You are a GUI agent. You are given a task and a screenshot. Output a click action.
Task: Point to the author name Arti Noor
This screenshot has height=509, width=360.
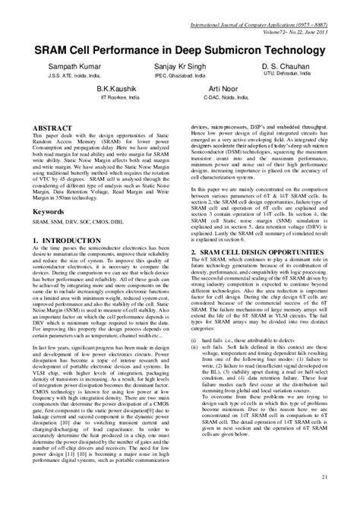coord(225,89)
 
